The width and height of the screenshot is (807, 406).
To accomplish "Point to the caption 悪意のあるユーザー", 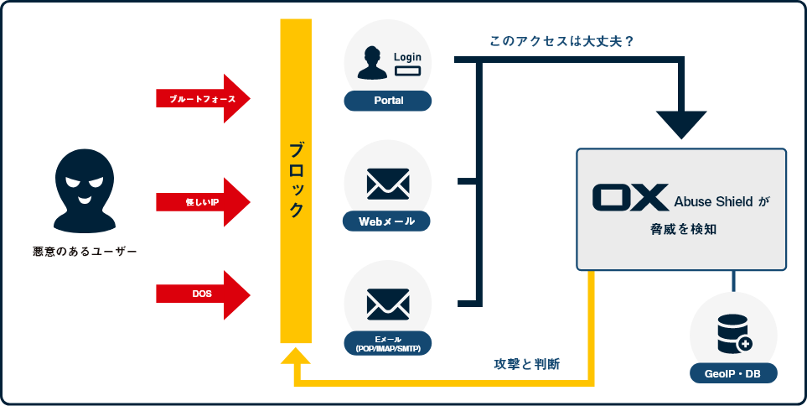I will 84,251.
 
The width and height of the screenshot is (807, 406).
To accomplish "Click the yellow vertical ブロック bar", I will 296,180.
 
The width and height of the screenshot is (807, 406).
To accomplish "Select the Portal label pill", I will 387,101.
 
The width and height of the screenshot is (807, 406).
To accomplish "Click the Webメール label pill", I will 387,221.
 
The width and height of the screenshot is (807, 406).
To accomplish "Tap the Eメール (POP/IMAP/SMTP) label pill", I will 387,343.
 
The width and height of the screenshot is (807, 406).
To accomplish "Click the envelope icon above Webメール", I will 388,184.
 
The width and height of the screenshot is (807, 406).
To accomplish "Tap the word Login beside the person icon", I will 407,56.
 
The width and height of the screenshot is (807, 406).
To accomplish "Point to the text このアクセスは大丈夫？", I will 561,39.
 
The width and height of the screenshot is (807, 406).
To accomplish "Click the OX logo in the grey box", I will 629,197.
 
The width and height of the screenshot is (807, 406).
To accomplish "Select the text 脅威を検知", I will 681,229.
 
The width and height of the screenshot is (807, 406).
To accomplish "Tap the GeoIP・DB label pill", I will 734,373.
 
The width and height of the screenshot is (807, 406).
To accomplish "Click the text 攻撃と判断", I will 527,365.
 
